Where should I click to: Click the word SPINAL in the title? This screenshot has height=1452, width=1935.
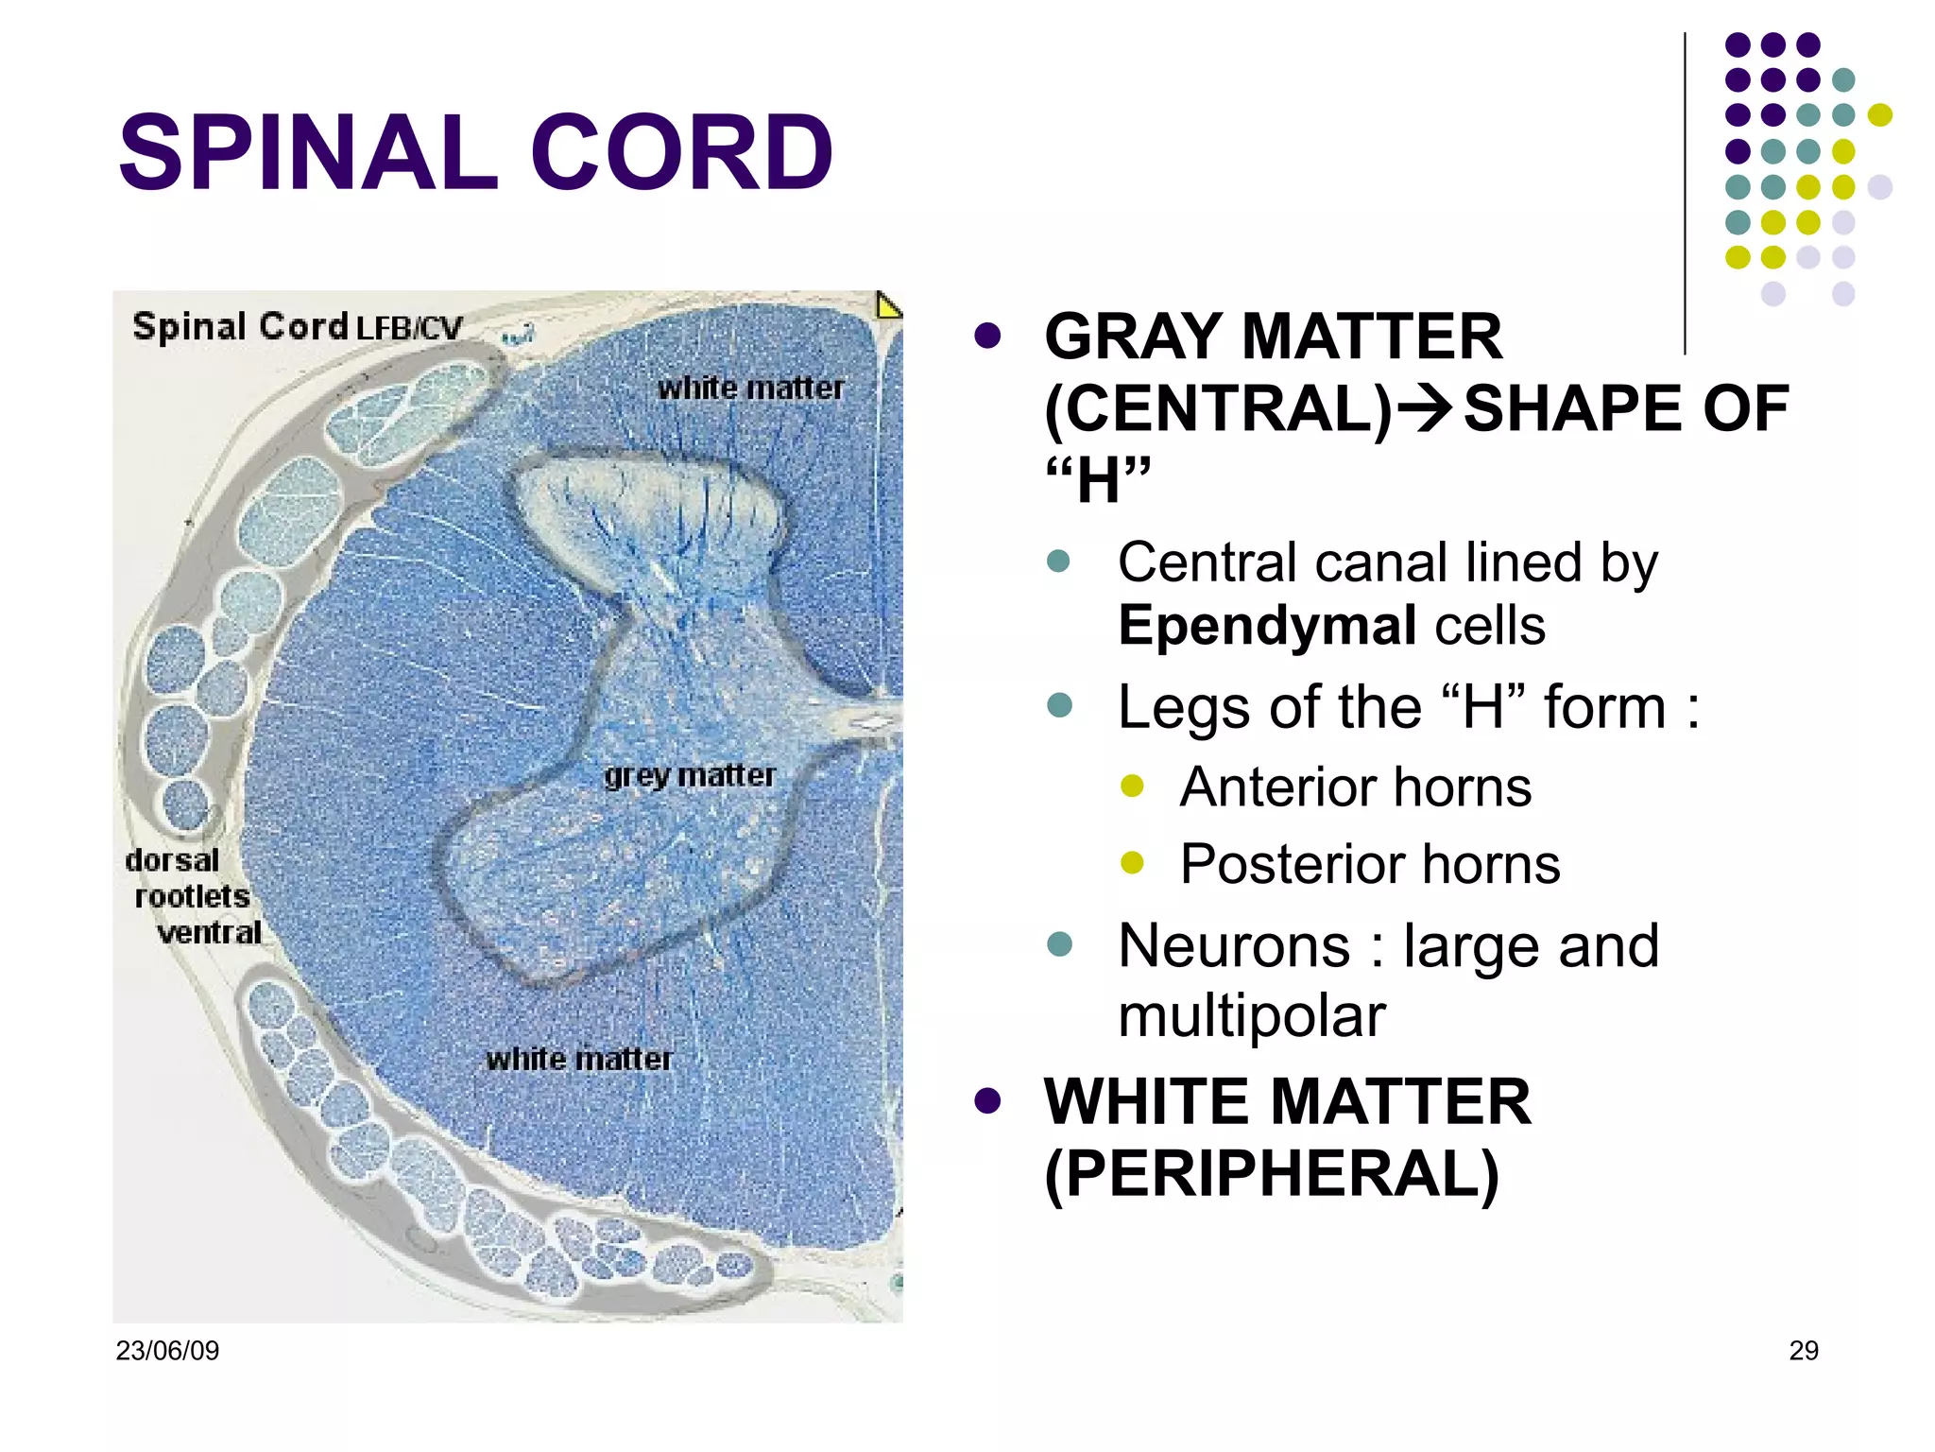[307, 153]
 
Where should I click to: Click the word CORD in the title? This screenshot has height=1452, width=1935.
[681, 153]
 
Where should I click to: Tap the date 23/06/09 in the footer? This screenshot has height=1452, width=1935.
[167, 1350]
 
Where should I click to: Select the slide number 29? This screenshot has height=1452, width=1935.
[1803, 1350]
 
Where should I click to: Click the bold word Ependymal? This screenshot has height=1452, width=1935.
[1266, 626]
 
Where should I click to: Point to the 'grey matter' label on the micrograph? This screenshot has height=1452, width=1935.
[690, 775]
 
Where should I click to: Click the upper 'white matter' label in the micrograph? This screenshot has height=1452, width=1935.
[750, 388]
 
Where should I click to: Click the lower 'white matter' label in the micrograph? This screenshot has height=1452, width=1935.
[579, 1059]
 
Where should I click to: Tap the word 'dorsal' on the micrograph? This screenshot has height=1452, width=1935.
[172, 860]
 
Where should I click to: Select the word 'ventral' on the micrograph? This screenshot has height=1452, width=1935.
[209, 933]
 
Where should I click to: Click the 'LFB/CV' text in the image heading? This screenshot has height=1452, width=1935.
[409, 328]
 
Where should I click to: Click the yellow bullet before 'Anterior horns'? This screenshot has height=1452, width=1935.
[1132, 786]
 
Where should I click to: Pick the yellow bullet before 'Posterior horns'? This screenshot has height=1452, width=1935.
[1132, 862]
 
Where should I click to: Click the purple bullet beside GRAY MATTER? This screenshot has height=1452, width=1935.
[987, 336]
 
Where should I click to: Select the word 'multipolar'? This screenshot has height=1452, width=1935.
[1251, 1016]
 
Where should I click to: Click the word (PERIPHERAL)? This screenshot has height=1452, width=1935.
[1271, 1174]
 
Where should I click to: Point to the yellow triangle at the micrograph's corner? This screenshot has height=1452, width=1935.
[887, 306]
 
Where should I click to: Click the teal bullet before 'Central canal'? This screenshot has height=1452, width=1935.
[1059, 562]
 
